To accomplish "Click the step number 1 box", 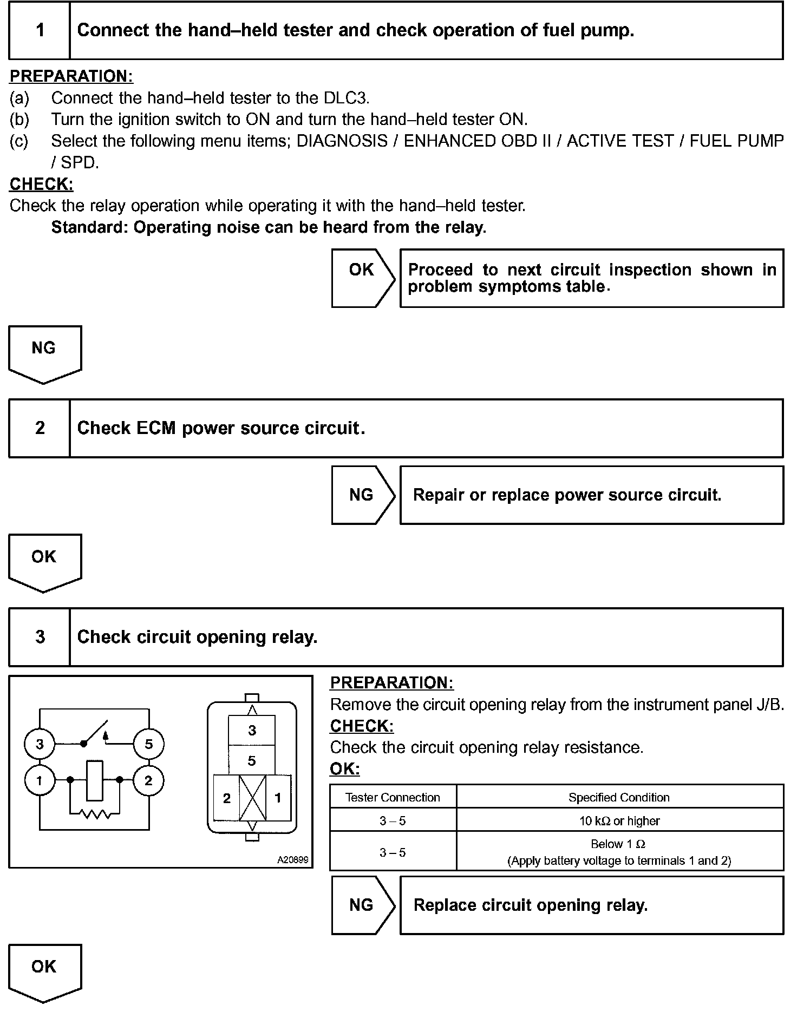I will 40,30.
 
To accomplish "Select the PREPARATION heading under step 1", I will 71,76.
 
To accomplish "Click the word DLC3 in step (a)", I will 346,98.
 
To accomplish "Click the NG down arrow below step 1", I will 44,353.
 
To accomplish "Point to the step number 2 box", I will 40,428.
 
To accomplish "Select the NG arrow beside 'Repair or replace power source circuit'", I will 362,495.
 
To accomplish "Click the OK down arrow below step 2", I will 44,562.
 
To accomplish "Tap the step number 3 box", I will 40,637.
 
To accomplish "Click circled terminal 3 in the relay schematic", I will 40,744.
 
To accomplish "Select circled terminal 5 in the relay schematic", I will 149,744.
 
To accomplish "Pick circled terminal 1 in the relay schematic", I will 40,780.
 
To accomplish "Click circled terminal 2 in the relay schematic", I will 149,780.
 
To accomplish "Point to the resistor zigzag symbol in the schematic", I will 95,813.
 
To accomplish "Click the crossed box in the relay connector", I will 252,798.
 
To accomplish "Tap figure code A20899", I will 292,859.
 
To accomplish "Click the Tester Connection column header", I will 393,797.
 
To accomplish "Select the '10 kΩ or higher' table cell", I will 619,821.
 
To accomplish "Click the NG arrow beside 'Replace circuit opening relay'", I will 362,905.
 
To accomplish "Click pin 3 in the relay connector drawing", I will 252,731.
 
